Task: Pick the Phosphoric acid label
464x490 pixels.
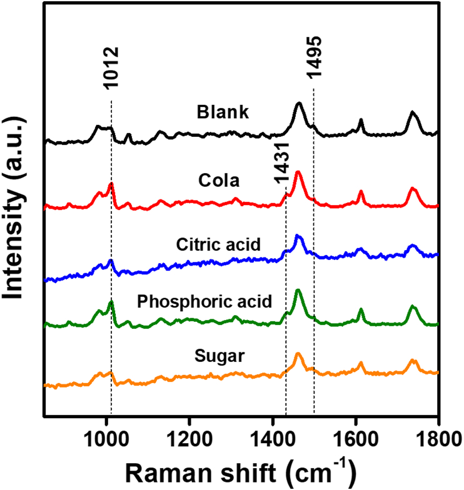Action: point(204,302)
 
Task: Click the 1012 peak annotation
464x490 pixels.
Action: point(111,66)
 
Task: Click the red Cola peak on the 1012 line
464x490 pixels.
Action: point(111,184)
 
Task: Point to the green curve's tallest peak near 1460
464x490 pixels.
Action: point(298,291)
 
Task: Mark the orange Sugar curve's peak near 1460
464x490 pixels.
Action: point(298,354)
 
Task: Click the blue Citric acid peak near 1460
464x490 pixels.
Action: point(298,236)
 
